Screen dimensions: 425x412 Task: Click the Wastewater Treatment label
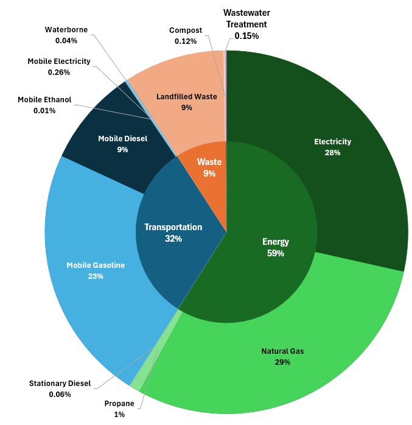coord(246,18)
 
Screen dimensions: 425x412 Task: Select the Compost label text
coord(186,30)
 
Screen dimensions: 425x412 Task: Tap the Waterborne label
coord(66,29)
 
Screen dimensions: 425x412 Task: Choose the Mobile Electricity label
coord(59,61)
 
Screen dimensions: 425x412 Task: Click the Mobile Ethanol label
coord(44,100)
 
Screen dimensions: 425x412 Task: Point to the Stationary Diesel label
coord(60,384)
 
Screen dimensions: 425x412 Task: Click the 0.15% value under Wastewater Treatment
coord(246,36)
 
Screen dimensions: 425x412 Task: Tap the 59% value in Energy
coord(276,253)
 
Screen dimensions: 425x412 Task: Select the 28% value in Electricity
coord(332,153)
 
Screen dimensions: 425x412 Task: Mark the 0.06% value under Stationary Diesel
coord(60,394)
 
